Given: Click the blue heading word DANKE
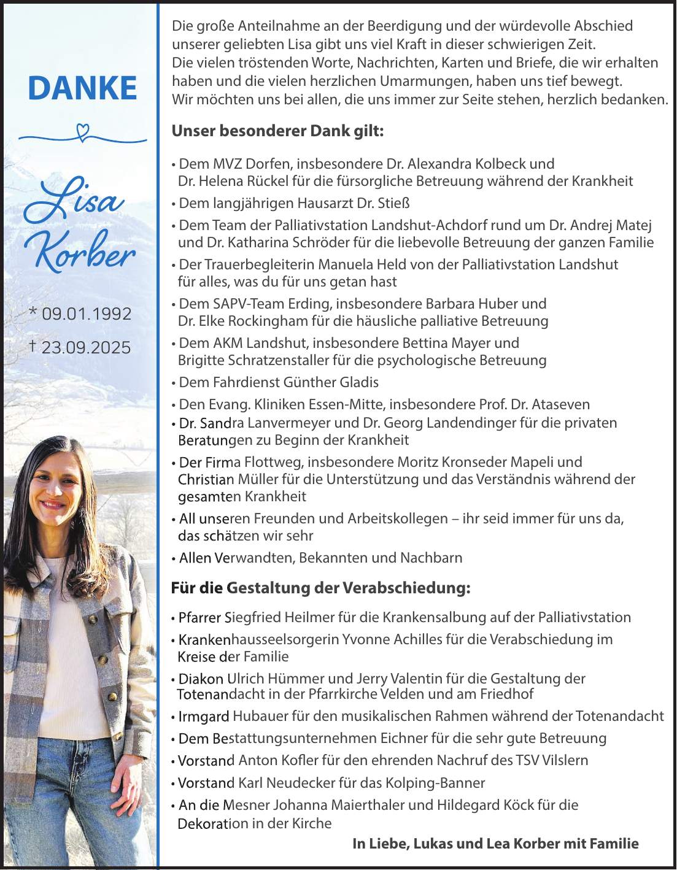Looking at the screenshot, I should tap(82, 88).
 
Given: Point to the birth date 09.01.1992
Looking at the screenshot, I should tap(87, 314).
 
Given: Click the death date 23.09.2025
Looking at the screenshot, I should tap(86, 347).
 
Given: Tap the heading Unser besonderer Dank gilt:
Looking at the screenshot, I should tap(277, 131).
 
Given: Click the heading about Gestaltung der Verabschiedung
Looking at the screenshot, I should tap(320, 588).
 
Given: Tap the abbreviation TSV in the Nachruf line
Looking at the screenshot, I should tap(528, 760).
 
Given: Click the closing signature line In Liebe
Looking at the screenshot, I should tap(495, 844).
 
